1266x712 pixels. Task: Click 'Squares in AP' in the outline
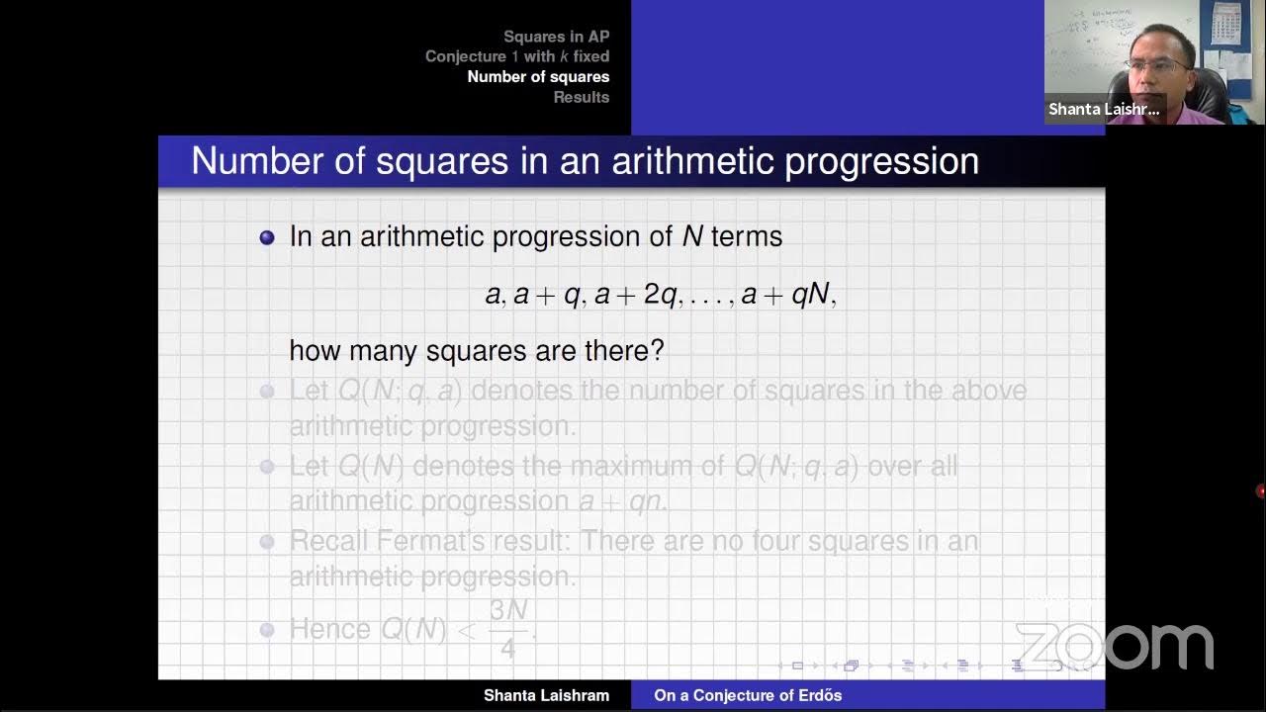[556, 37]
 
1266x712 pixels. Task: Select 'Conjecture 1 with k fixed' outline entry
[517, 56]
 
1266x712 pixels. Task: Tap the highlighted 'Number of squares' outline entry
[538, 77]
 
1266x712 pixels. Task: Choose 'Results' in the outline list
[582, 97]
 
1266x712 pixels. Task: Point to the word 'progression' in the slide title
[881, 161]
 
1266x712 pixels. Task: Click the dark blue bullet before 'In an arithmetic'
[267, 237]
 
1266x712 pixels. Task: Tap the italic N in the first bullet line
[692, 236]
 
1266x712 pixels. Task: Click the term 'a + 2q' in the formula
[638, 294]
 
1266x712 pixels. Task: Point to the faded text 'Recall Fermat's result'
[430, 541]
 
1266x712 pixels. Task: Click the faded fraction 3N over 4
[508, 628]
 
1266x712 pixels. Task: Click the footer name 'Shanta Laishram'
[546, 695]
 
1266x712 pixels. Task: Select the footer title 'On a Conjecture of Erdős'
[748, 695]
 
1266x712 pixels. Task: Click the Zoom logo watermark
[1115, 648]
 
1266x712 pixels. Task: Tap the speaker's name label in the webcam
[1104, 109]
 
